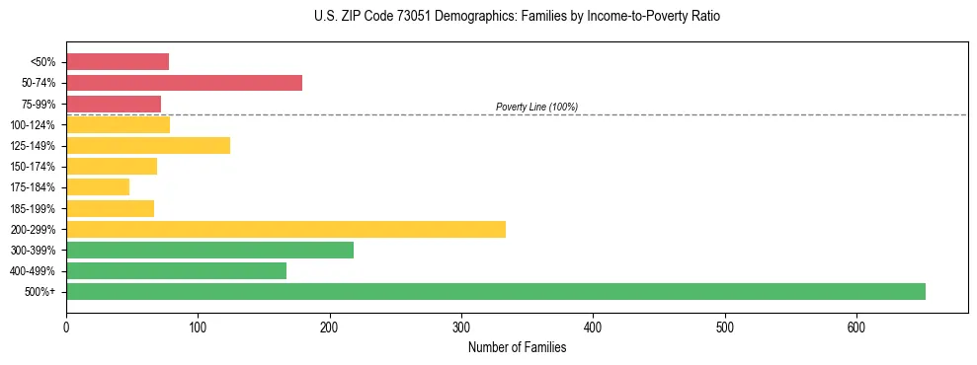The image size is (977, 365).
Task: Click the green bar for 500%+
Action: pos(495,291)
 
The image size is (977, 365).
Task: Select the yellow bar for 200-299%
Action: pos(285,229)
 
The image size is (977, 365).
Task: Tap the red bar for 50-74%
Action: pos(184,83)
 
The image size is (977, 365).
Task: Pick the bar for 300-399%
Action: pos(209,250)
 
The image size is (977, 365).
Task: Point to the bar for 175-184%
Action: pos(98,186)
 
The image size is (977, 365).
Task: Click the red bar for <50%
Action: pos(118,62)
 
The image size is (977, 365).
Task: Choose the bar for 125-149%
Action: pos(148,145)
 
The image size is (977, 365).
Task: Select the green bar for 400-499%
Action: pos(176,270)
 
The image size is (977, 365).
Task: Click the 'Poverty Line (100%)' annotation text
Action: pos(536,107)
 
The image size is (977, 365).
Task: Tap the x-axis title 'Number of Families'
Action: pos(517,347)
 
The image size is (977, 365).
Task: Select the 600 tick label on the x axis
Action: pos(856,327)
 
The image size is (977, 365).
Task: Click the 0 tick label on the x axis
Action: pos(66,327)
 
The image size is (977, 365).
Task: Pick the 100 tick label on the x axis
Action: pos(198,327)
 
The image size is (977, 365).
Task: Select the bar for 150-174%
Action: pos(112,166)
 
